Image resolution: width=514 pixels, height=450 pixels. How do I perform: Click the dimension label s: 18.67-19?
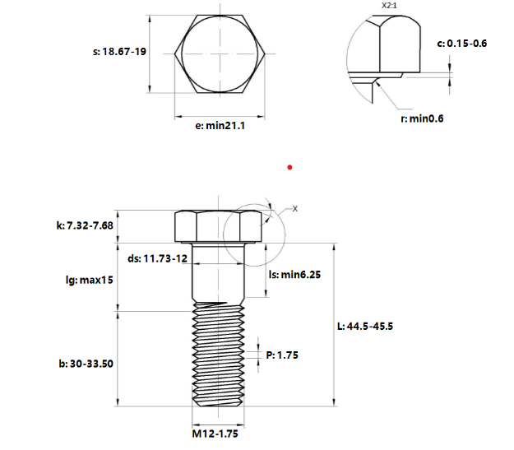coord(119,52)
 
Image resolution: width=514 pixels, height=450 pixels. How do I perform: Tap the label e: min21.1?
coord(220,126)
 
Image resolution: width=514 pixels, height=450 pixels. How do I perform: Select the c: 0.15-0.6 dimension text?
coord(462,44)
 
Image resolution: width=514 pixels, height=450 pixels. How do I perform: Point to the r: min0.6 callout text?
coord(422,118)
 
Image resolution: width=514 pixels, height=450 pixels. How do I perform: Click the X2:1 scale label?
coord(389,6)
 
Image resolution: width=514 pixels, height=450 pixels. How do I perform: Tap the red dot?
coord(289,168)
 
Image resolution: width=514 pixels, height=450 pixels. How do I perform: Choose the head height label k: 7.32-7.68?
coord(85,225)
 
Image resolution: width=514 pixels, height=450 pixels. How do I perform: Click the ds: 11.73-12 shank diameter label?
coord(157,258)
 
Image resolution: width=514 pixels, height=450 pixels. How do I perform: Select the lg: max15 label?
coord(90,280)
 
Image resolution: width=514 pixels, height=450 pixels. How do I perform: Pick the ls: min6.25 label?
coord(294,275)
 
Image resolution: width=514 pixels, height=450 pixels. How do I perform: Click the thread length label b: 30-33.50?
coord(86,364)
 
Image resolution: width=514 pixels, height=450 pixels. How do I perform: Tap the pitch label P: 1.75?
coord(282,355)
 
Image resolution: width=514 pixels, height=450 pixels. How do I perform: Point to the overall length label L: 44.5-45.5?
coord(365,327)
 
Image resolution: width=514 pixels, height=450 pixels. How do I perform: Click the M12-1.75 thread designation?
coord(215,434)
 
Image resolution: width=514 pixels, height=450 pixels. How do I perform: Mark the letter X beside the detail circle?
coord(295,209)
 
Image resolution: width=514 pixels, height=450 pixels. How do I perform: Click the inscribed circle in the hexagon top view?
coord(220,53)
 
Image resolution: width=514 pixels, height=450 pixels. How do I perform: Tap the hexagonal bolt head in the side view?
coord(218,226)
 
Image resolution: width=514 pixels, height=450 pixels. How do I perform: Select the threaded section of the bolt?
coord(218,355)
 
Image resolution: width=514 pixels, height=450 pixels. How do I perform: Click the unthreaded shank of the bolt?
coord(218,272)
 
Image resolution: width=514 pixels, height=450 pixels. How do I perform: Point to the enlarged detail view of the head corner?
coord(383,59)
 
